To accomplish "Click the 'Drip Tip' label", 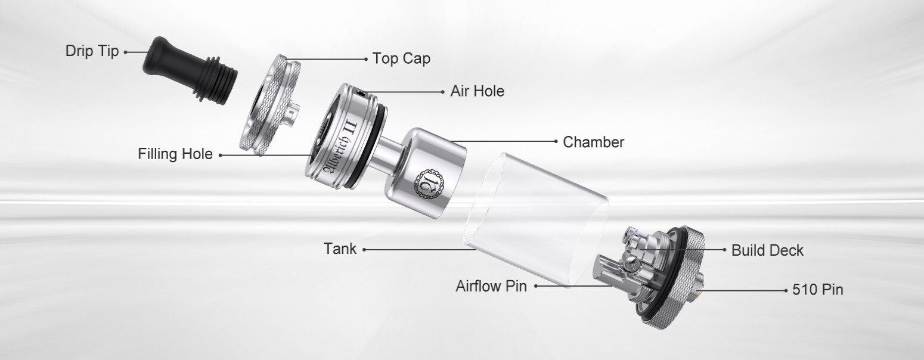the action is coord(92,51).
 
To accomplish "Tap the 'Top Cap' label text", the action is coord(401,58).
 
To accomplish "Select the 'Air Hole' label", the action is coord(477,91).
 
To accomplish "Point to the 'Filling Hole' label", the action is coord(175,154).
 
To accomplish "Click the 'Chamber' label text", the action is coord(594,142).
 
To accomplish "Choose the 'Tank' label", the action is coord(340,249).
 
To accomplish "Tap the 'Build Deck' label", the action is coord(767,250).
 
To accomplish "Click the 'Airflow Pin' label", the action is coord(491,286).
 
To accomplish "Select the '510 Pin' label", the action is coord(817,290).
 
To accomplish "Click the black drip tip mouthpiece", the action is coord(190,70).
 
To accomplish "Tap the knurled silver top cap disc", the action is coord(270,104).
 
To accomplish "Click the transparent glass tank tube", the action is coord(537,219).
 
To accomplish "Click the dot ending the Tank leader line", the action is coord(364,250).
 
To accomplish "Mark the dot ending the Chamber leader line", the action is coord(556,141).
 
